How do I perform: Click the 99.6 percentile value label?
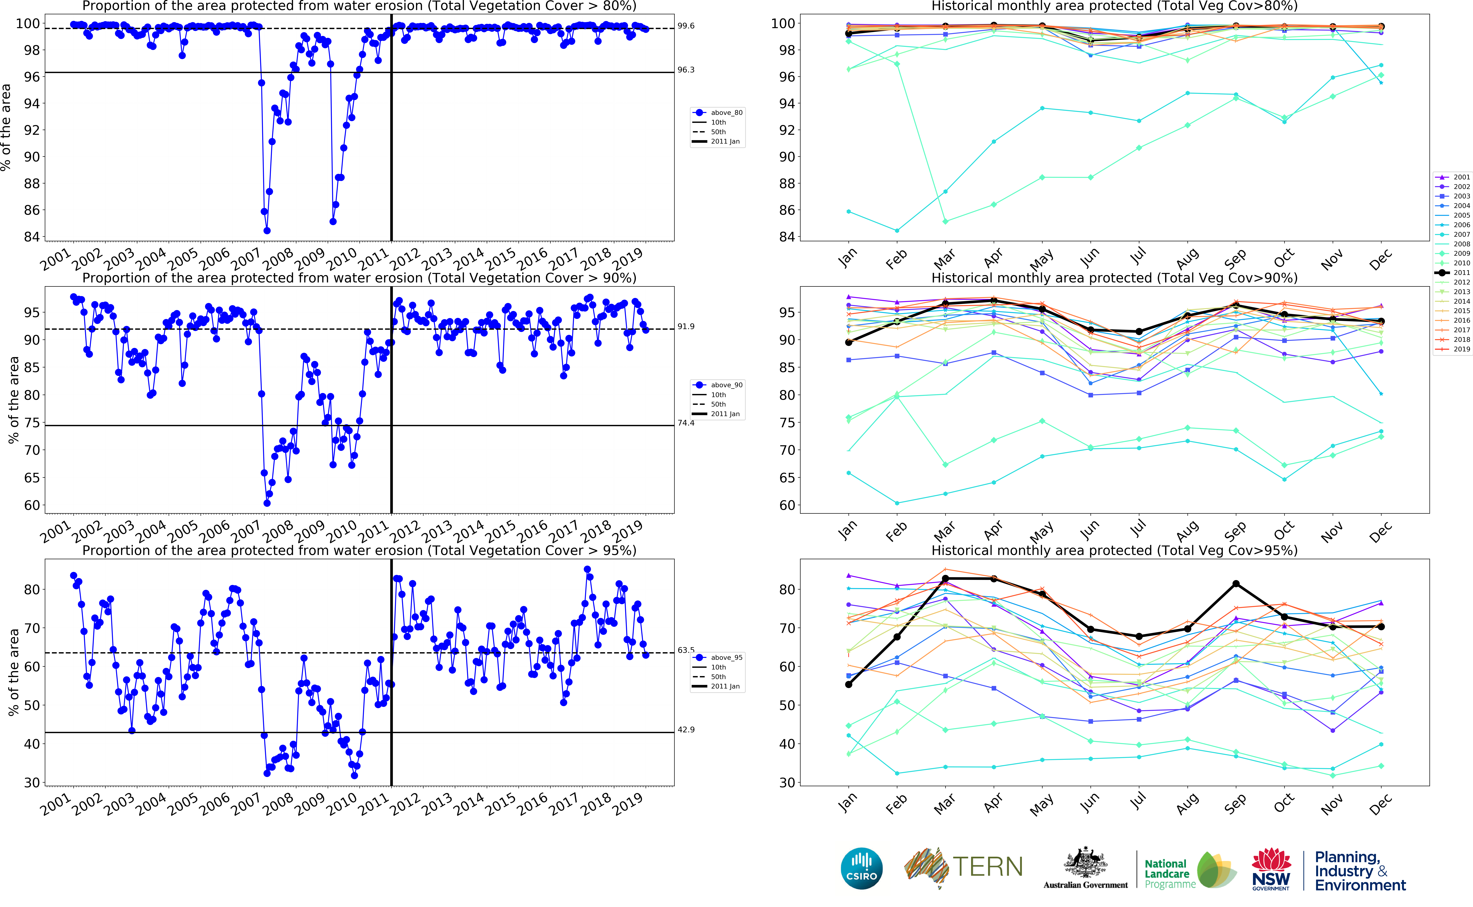[x=686, y=26]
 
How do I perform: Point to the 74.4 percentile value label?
[x=686, y=423]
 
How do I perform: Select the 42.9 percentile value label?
[x=686, y=729]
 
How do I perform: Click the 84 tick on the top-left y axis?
[x=32, y=237]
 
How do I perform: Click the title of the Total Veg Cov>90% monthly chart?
[x=1114, y=278]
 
